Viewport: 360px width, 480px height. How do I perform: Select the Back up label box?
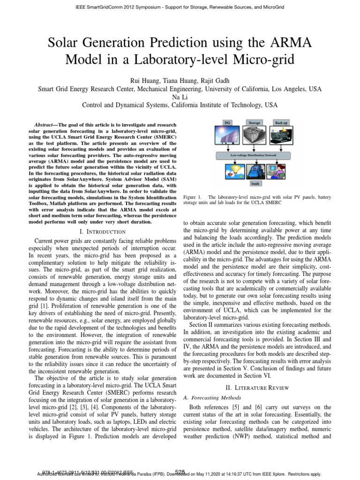click(281, 122)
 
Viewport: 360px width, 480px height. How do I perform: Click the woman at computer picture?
click(281, 171)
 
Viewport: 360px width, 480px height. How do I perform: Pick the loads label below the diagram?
click(255, 184)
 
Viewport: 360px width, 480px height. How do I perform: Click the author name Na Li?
click(180, 97)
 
